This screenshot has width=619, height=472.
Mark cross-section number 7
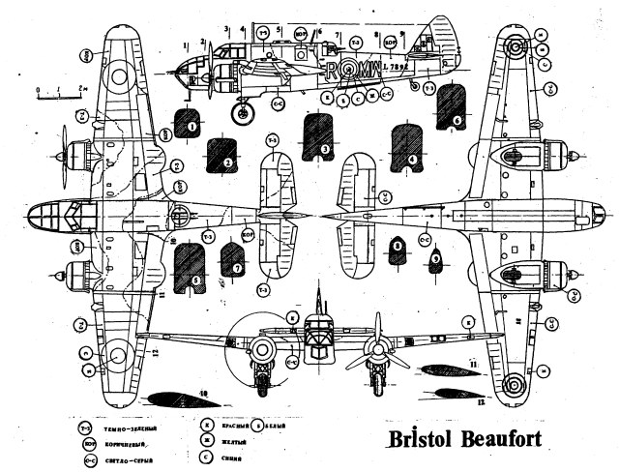click(x=233, y=259)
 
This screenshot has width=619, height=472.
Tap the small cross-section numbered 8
click(x=397, y=249)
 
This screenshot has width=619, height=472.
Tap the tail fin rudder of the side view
click(x=441, y=48)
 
